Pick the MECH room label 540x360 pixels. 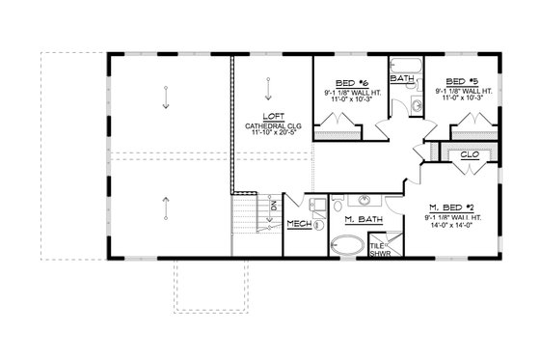[x=299, y=223]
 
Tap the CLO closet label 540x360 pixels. [x=472, y=152]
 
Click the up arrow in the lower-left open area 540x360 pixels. [x=165, y=206]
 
